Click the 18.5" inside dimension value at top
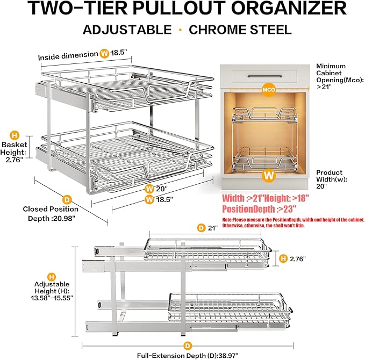tap(120, 54)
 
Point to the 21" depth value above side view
tap(213, 228)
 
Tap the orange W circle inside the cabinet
tap(266, 175)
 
